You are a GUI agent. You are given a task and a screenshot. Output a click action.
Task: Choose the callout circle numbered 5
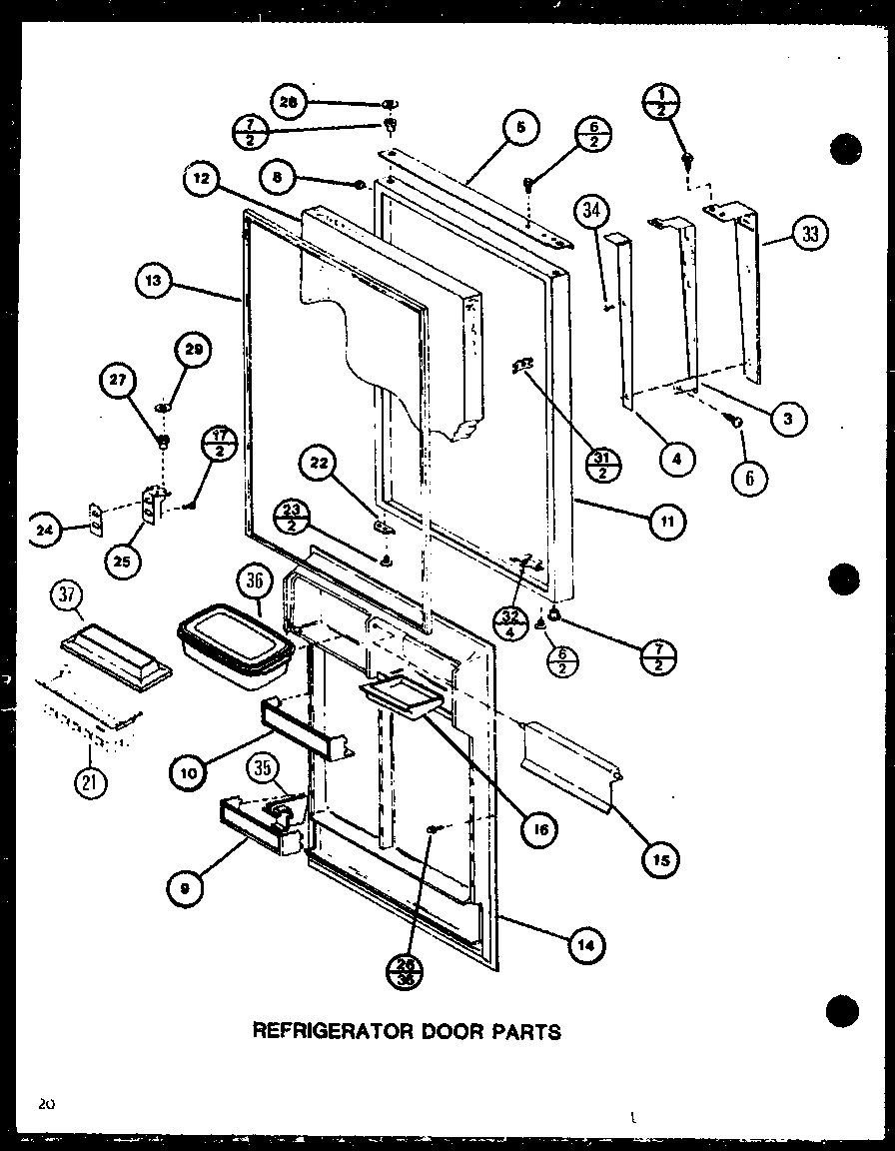tap(520, 127)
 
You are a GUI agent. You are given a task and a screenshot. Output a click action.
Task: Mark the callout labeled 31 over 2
tap(603, 465)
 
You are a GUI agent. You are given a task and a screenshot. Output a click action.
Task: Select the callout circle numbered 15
tap(661, 857)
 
